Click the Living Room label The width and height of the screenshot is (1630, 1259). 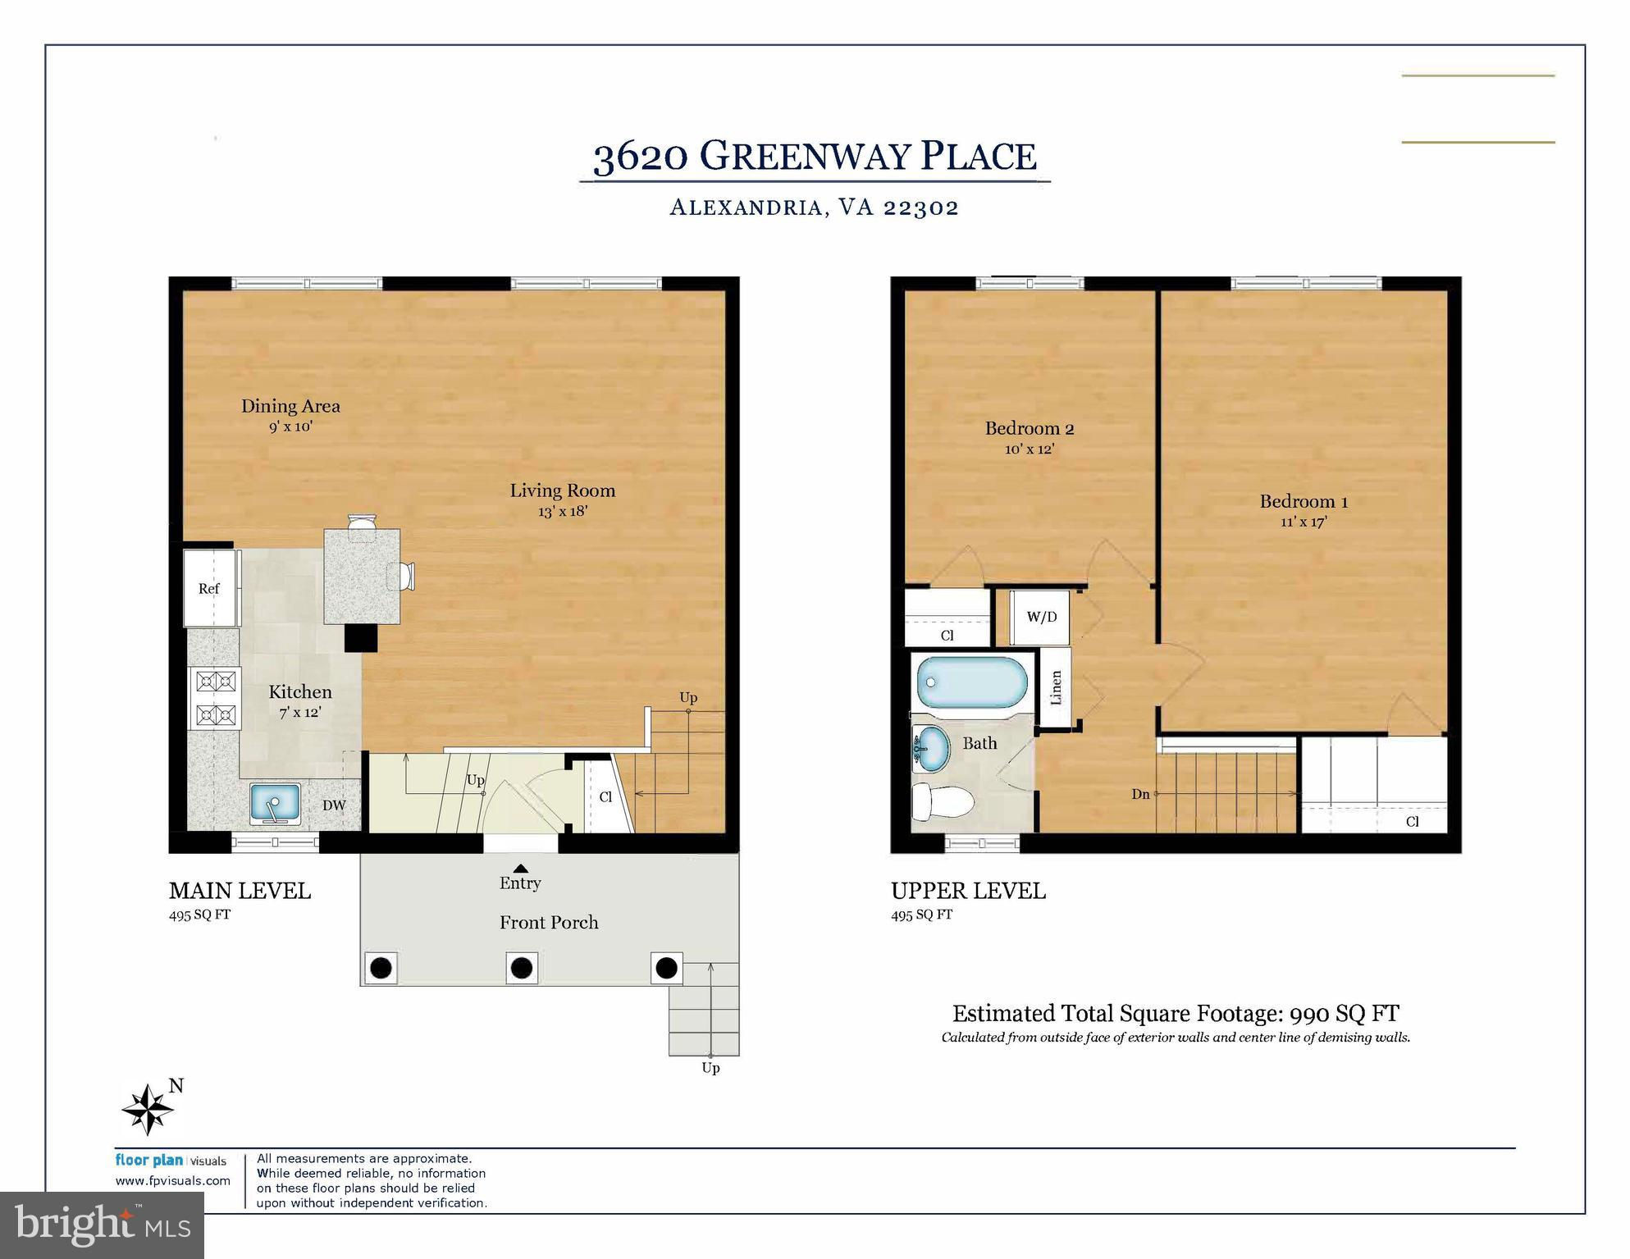562,490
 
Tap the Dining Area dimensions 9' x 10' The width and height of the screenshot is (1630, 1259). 290,427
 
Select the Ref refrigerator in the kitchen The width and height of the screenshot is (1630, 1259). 210,587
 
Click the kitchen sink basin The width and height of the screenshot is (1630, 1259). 275,803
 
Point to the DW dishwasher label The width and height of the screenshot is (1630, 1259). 333,805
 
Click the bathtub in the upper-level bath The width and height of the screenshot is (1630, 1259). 972,682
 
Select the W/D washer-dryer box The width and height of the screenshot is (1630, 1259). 1041,617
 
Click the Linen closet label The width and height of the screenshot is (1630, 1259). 1056,687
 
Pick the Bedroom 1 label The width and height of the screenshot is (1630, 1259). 1304,501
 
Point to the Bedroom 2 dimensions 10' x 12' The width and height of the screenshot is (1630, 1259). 1029,449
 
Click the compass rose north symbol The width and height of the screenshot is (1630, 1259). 148,1109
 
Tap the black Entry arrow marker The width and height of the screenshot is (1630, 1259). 520,869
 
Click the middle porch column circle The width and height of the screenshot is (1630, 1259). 521,968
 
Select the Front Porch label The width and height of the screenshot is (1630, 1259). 549,923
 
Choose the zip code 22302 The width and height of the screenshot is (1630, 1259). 920,207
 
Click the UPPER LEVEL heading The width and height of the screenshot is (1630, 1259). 968,891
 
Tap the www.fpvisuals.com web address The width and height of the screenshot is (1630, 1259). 172,1181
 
